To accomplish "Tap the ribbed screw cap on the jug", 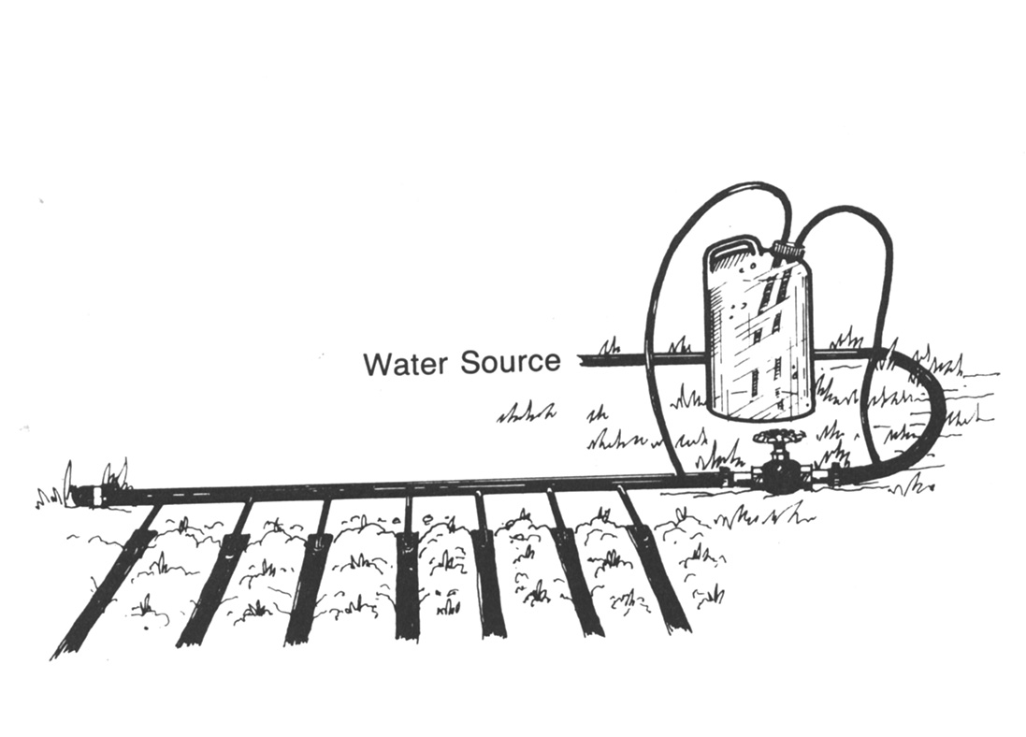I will [792, 249].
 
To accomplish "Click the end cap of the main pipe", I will [89, 493].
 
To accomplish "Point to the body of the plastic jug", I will [753, 337].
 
